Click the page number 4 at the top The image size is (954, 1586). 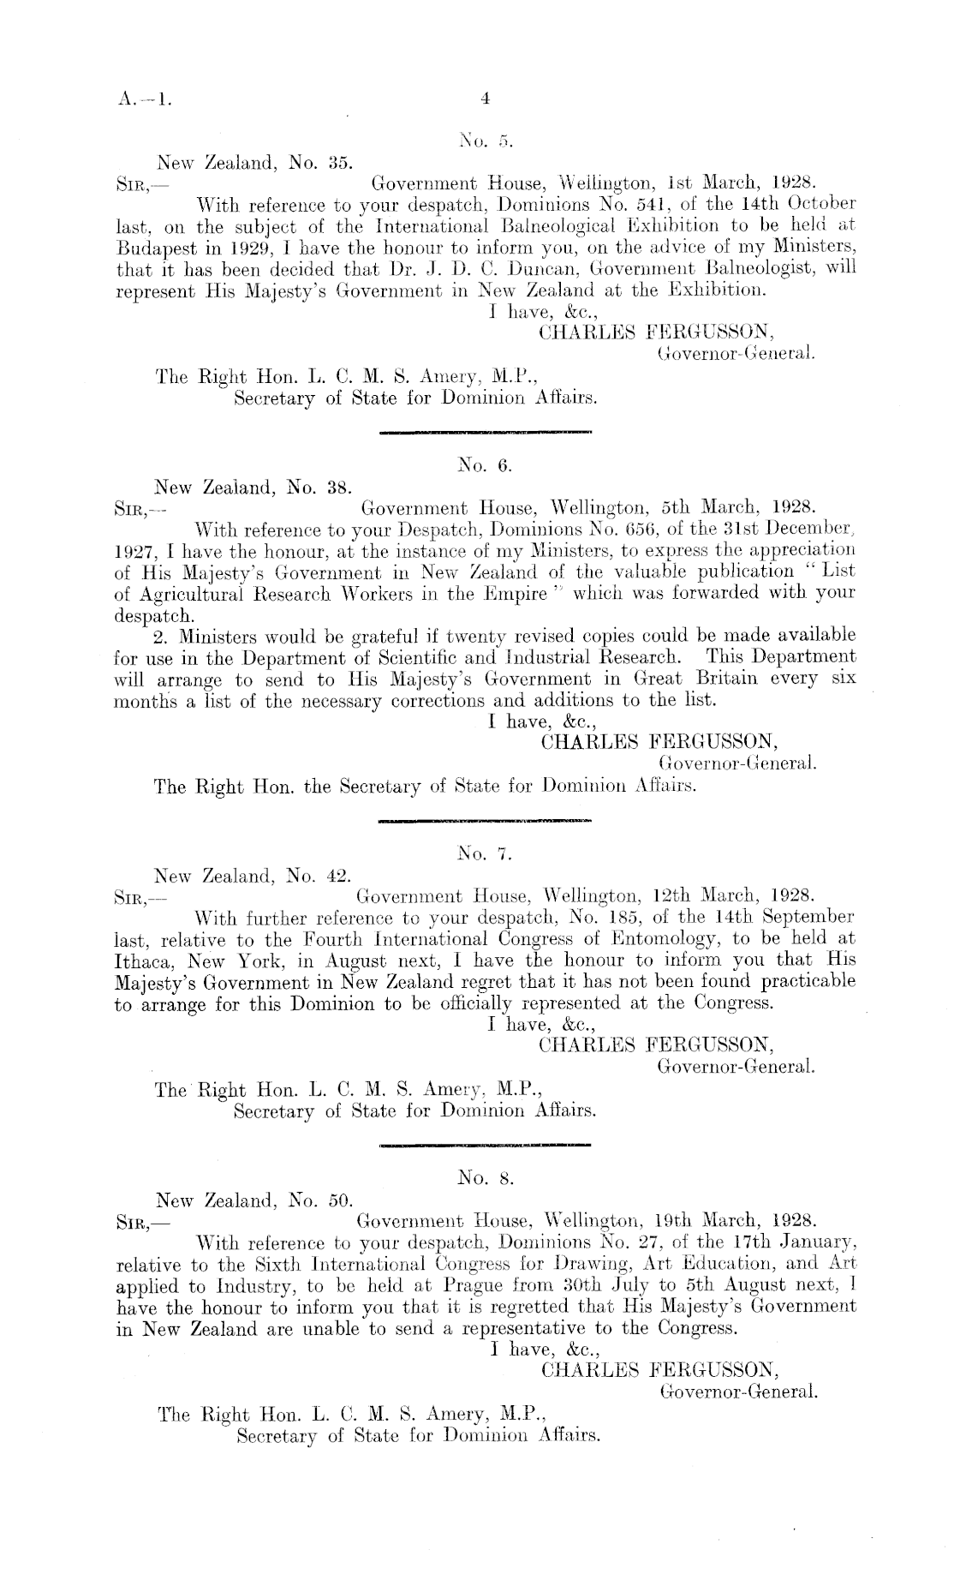(x=485, y=99)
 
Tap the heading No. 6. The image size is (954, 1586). (x=485, y=466)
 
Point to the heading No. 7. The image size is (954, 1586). (x=485, y=853)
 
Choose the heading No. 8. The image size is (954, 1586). (x=486, y=1178)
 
